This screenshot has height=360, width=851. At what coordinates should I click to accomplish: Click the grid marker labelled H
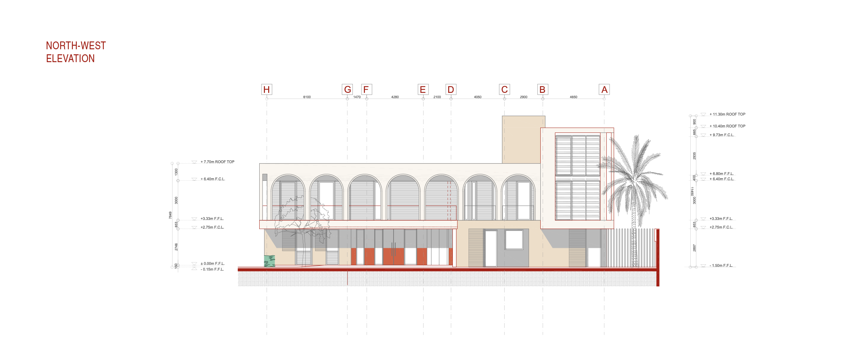point(266,90)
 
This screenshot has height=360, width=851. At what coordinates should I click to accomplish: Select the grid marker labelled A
point(604,90)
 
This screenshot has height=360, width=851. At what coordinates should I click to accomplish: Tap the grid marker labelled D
point(451,90)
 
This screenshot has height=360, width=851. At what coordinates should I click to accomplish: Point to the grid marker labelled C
point(504,90)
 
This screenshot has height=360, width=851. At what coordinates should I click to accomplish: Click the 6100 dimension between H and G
point(307,97)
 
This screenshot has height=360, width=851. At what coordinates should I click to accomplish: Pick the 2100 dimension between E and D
point(437,97)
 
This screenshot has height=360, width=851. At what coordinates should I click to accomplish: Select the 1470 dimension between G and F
point(357,97)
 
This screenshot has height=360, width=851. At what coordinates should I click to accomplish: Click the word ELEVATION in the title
point(70,59)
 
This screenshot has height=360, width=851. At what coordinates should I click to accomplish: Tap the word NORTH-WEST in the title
point(76,46)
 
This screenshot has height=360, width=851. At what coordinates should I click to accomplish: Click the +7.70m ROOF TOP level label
point(217,162)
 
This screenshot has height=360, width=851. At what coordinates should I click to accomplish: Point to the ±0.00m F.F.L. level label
point(212,264)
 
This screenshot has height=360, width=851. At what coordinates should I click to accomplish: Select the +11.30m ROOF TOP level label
point(727,114)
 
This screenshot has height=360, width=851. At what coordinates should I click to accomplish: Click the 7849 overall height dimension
point(170,215)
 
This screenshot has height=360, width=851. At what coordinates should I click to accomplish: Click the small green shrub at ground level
point(269,261)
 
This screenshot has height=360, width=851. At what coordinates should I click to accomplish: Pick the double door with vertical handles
point(394,249)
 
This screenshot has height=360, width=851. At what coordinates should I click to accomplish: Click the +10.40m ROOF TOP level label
point(727,126)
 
